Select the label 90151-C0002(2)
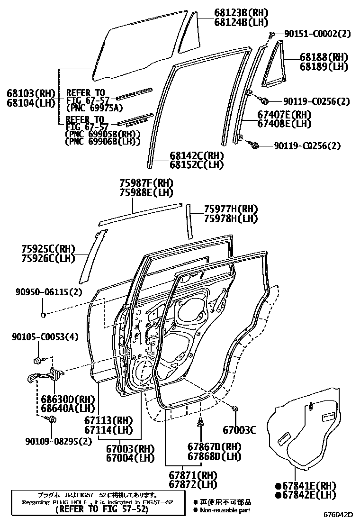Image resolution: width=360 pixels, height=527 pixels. point(317,34)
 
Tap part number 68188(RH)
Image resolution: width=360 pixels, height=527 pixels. point(324,57)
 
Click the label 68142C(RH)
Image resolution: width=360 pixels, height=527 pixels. point(197,155)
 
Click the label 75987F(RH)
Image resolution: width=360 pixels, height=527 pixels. point(146,183)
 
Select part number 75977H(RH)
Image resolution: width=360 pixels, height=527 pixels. point(231,209)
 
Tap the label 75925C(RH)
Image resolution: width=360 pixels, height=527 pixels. point(48,248)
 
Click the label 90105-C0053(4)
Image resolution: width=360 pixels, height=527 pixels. point(45,336)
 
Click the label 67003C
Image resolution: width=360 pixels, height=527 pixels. point(239,430)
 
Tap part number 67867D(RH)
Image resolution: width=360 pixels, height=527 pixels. point(214,447)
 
